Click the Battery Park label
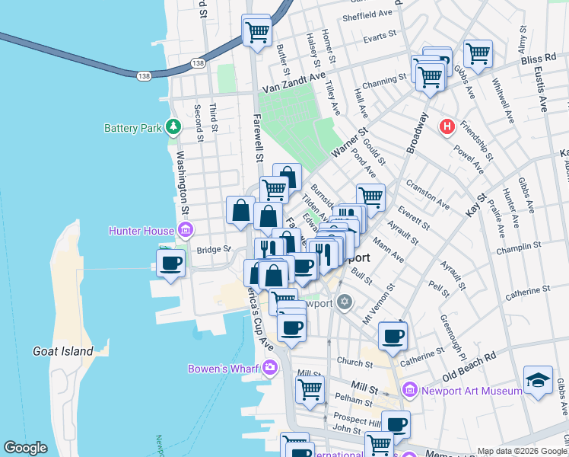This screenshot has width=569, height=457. coord(133,128)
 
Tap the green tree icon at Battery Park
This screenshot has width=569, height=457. coord(174,126)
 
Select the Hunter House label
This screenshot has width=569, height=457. coord(142,230)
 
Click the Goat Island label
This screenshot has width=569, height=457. coord(63,351)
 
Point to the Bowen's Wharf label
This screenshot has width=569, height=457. coord(225,369)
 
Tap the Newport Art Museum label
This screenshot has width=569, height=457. coord(472,391)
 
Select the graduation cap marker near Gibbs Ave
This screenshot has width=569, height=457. coord(538,379)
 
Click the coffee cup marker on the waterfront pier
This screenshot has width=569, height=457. coord(170,263)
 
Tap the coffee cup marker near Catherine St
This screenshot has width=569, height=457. coord(393,335)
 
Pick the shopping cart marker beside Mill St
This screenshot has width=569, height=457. coord(310,389)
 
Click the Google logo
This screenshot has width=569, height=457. coord(25,448)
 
